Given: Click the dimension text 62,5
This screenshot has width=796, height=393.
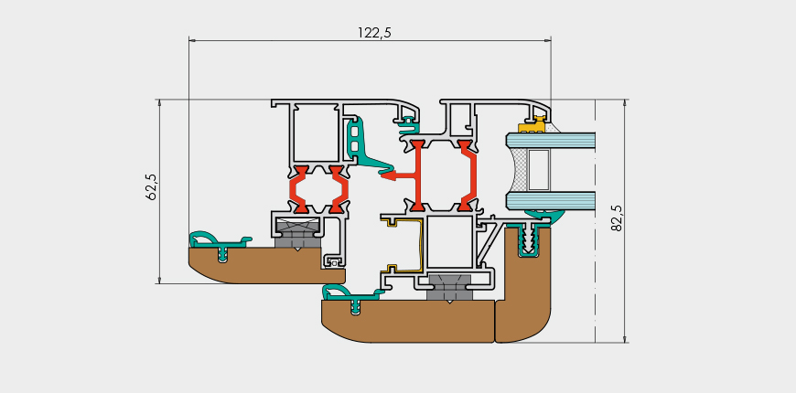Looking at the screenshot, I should point(152,186).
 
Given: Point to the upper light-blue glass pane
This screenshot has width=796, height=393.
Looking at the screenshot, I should point(558,141).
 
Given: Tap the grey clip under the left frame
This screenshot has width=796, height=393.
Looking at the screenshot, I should point(297,232).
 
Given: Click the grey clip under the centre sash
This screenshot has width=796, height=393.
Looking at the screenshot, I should point(448,288).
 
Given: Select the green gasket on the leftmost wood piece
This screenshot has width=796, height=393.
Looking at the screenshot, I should point(218,242).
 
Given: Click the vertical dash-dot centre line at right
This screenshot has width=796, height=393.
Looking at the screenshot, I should point(596,228).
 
